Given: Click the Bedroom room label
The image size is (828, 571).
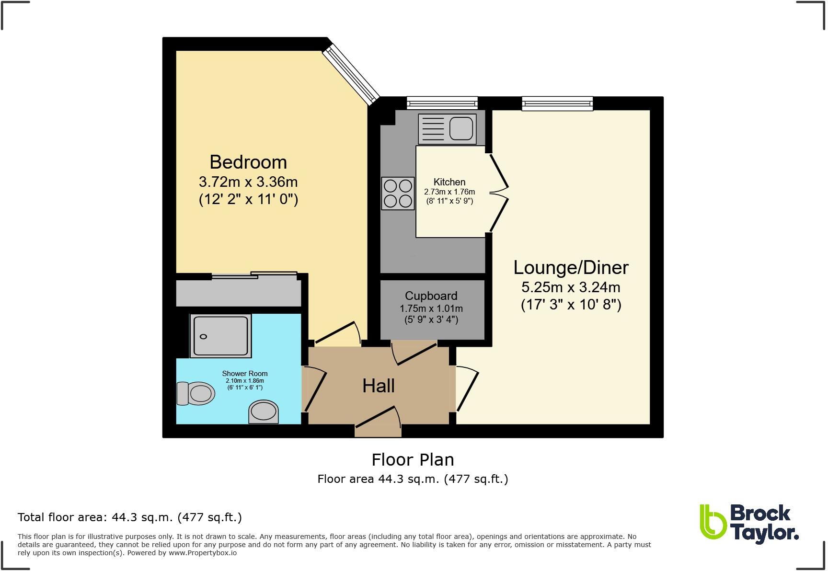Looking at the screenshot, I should tap(248, 162).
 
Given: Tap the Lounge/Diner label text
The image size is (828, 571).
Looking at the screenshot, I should tap(571, 267).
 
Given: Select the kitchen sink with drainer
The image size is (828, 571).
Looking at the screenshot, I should tap(447, 129).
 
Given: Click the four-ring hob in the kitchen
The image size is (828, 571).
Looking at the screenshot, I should tap(398, 194).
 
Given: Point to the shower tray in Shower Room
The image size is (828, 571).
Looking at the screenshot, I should tap(221, 336).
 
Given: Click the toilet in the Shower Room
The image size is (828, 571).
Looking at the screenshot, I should tap(195, 394).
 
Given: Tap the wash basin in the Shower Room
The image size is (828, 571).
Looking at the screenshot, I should tap(264, 411).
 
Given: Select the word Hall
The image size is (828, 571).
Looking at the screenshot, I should tap(378, 386).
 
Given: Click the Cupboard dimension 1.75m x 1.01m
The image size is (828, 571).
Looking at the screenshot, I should tap(431, 308).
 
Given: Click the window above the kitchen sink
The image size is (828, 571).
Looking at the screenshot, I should tap(442, 103).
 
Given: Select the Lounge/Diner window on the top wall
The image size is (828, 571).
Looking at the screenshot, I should tap(557, 103).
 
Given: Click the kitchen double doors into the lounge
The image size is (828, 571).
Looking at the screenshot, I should tap(498, 192).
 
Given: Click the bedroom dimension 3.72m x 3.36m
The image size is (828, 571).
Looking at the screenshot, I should tap(248, 182).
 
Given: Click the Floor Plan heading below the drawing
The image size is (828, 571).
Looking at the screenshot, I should tap(413, 460).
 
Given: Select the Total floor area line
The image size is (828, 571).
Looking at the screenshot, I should tap(129, 517).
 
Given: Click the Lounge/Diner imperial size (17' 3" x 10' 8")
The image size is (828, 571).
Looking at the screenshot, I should tap(571, 305).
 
